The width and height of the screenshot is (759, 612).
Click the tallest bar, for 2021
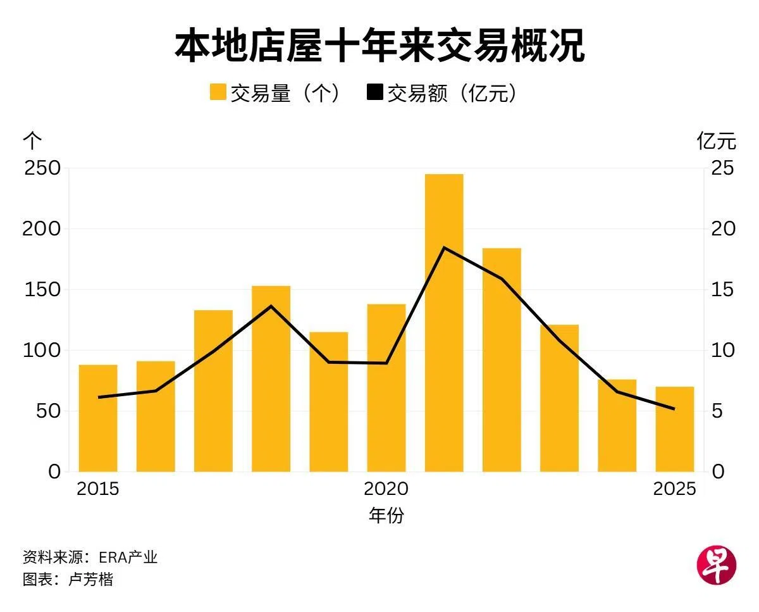click(444, 323)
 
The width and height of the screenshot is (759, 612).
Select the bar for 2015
click(98, 418)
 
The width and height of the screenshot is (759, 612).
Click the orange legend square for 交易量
click(218, 92)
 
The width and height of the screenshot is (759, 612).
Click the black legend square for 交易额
click(374, 92)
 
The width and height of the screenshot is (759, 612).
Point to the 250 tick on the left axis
click(42, 168)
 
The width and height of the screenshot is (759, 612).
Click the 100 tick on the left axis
click(42, 350)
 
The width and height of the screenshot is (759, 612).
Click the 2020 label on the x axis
click(386, 489)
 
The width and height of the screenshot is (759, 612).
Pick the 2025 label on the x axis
click(674, 489)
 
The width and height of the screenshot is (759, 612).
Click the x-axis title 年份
click(386, 515)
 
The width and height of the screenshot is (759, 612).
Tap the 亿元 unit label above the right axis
click(717, 141)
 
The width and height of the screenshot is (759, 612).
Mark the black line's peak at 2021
click(444, 247)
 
